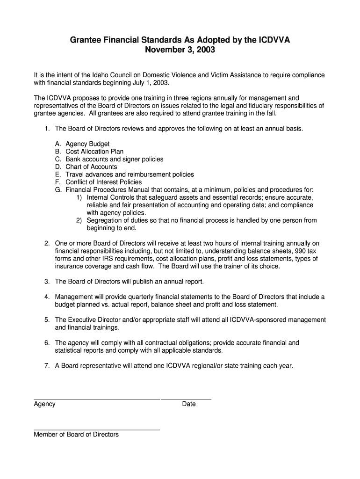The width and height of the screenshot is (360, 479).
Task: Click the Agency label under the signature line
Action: click(x=44, y=404)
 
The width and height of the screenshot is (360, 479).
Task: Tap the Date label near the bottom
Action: click(x=189, y=404)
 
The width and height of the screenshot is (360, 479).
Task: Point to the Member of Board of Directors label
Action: click(x=76, y=434)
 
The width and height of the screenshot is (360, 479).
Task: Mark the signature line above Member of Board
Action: click(x=97, y=429)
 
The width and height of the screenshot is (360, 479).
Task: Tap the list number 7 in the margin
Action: click(x=47, y=366)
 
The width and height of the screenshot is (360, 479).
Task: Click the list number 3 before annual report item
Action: click(x=47, y=282)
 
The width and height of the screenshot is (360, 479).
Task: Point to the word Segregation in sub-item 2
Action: click(x=106, y=220)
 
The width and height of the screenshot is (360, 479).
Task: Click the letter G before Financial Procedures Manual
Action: click(x=58, y=189)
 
